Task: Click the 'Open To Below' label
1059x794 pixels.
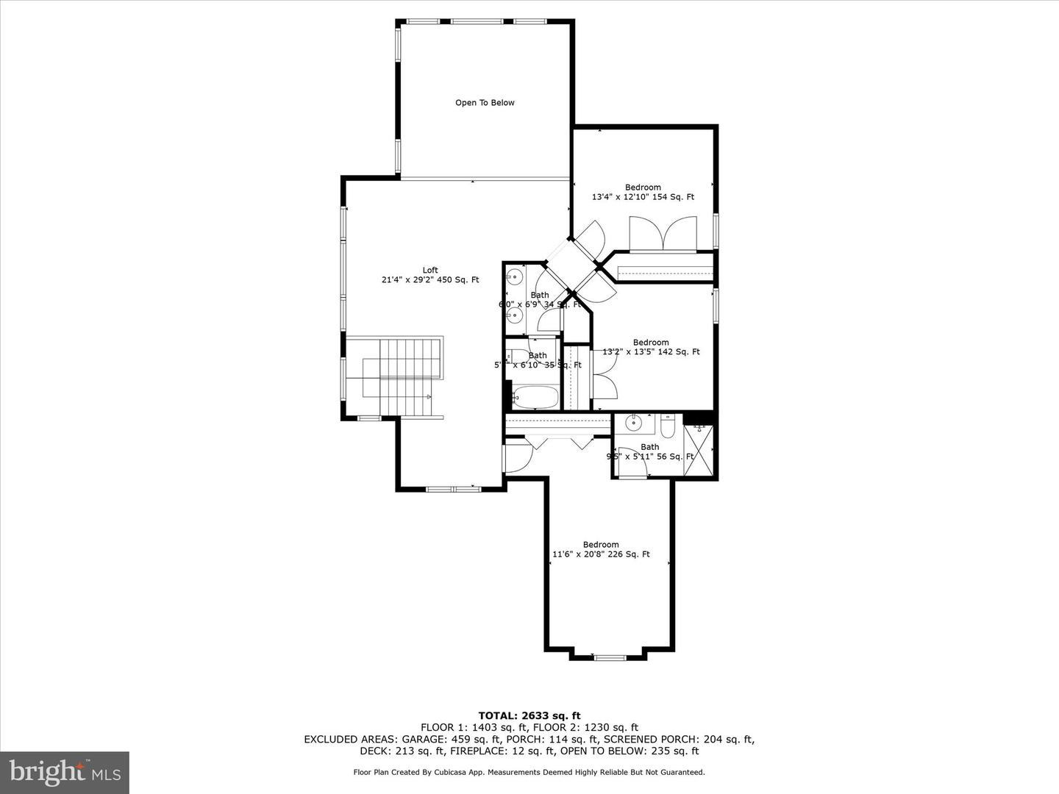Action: (485, 103)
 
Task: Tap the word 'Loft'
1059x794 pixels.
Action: (430, 270)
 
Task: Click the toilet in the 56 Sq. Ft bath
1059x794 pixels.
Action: (668, 426)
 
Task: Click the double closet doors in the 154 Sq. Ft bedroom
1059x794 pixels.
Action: (663, 234)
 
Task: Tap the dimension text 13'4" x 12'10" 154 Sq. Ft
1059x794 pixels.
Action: (643, 197)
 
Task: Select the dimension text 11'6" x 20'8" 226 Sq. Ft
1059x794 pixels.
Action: (601, 554)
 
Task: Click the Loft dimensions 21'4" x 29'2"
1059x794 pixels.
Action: (430, 279)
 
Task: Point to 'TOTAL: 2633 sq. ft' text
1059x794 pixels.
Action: (529, 715)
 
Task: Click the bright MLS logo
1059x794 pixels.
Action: (65, 772)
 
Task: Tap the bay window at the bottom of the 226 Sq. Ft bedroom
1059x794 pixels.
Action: (608, 657)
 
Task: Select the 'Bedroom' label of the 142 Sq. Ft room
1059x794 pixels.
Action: (651, 342)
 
